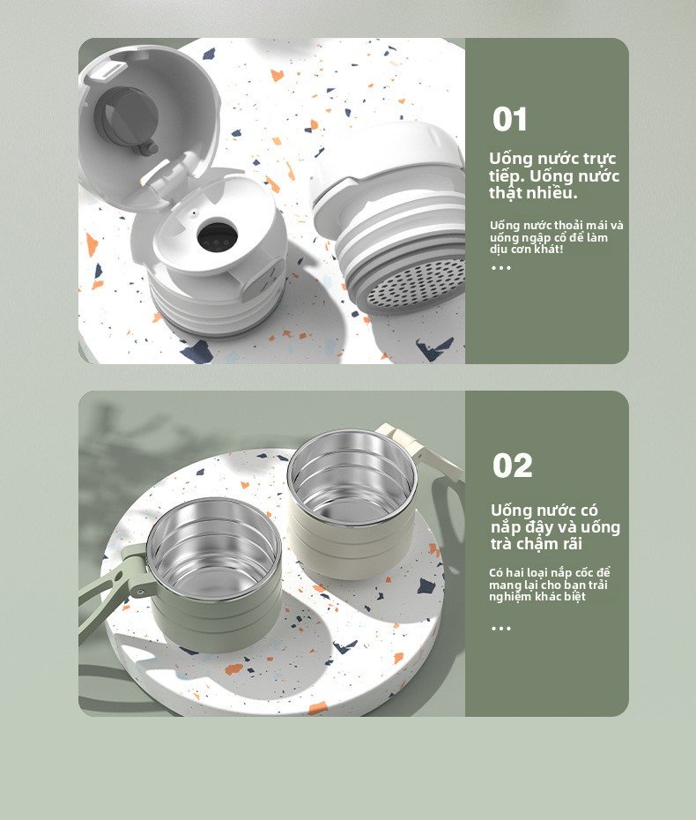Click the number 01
(509, 119)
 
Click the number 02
(512, 466)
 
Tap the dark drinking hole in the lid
(217, 235)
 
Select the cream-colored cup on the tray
(352, 502)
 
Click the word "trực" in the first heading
(599, 159)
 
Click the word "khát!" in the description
(548, 249)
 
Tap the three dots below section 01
(501, 268)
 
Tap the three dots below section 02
(501, 628)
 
